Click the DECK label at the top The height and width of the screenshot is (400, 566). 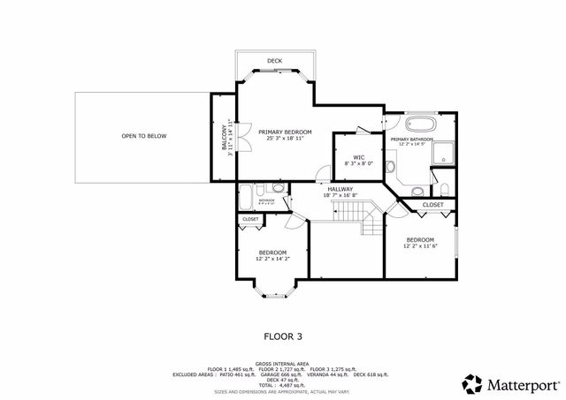tap(275, 61)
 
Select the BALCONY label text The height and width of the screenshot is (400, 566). tap(224, 137)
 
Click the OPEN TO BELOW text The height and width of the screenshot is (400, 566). tap(143, 136)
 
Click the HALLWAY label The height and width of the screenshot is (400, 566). tap(340, 188)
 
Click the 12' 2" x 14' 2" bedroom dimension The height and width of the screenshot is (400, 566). tap(272, 260)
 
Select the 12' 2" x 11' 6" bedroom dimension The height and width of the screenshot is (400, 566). tap(420, 247)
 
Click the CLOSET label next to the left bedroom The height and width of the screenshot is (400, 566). tap(250, 219)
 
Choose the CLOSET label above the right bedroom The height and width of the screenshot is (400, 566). tap(432, 205)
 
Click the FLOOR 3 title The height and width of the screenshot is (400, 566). tap(283, 336)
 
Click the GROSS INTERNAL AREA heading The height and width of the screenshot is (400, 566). tap(282, 363)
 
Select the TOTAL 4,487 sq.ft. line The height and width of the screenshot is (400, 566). tap(282, 384)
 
